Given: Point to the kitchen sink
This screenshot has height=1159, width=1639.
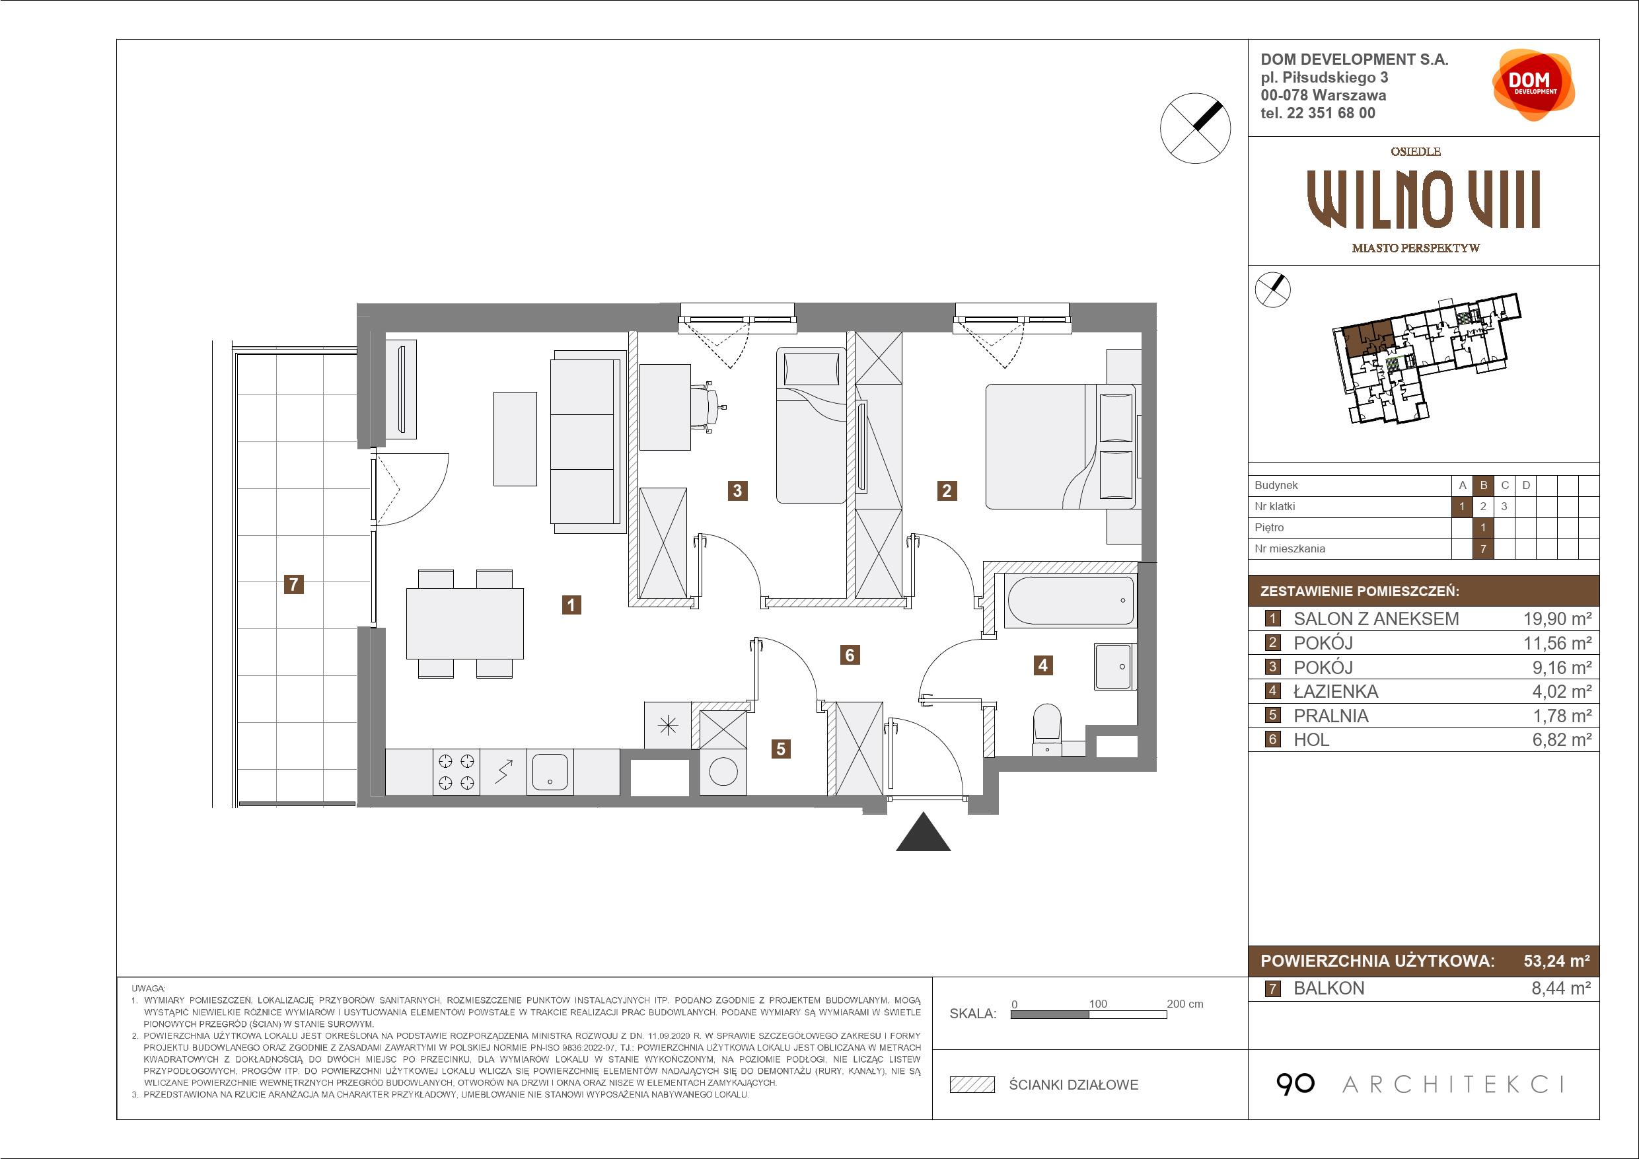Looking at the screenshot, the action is (550, 771).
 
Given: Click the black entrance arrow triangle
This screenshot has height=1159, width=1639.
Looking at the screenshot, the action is (923, 833).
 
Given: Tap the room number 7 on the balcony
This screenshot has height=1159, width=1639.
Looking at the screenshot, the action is (293, 584).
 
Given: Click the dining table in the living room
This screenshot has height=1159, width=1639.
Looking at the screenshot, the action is (464, 623).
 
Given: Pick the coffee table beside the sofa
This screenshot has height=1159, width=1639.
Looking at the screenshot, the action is (515, 439).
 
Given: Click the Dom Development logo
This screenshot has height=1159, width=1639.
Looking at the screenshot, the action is (1533, 85).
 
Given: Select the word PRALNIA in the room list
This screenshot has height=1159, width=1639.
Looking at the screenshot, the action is (1330, 716).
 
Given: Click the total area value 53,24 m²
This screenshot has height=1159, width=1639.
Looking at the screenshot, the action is (1557, 961).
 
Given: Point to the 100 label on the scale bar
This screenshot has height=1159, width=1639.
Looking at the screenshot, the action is (1098, 1003).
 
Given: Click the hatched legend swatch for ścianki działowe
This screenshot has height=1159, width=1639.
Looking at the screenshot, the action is (972, 1085).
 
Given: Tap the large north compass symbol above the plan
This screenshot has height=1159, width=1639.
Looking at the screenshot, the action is (1196, 128).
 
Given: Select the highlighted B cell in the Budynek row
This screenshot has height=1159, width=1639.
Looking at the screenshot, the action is (1483, 486).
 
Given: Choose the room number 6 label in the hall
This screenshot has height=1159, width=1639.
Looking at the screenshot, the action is (850, 655).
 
